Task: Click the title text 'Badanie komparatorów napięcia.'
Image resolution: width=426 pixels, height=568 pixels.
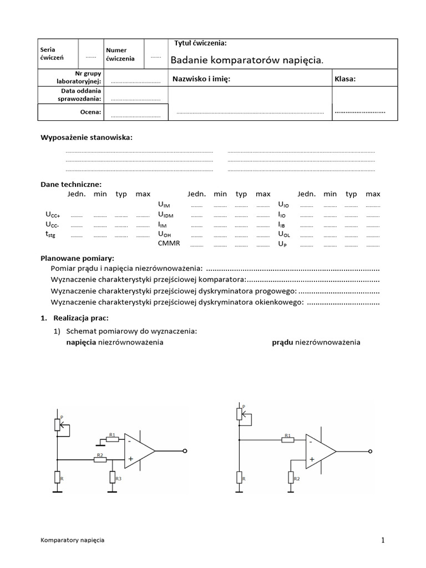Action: [246, 60]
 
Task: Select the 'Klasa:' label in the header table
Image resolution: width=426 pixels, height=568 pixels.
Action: [345, 79]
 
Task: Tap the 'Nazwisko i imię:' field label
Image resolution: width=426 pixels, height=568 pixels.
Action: [201, 79]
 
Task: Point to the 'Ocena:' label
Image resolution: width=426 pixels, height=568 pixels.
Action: [91, 112]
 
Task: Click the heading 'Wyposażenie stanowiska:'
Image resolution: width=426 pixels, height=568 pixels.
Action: [87, 138]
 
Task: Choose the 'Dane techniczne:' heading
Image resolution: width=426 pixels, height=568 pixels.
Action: [71, 184]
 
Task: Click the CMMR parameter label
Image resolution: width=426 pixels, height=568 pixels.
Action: [169, 244]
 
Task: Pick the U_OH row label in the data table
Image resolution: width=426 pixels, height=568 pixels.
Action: [165, 234]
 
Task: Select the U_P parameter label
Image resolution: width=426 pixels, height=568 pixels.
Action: [282, 244]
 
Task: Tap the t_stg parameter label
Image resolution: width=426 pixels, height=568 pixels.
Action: [50, 234]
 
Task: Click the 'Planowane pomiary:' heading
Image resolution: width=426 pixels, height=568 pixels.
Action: [77, 258]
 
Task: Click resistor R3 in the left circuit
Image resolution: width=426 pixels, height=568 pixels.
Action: [112, 476]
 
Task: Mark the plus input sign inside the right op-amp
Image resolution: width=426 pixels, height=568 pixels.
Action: [312, 459]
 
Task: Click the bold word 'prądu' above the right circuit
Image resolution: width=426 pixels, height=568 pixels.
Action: [282, 342]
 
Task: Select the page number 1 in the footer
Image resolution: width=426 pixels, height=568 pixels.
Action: [383, 540]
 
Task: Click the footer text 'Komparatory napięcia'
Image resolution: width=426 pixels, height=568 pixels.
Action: [73, 540]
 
